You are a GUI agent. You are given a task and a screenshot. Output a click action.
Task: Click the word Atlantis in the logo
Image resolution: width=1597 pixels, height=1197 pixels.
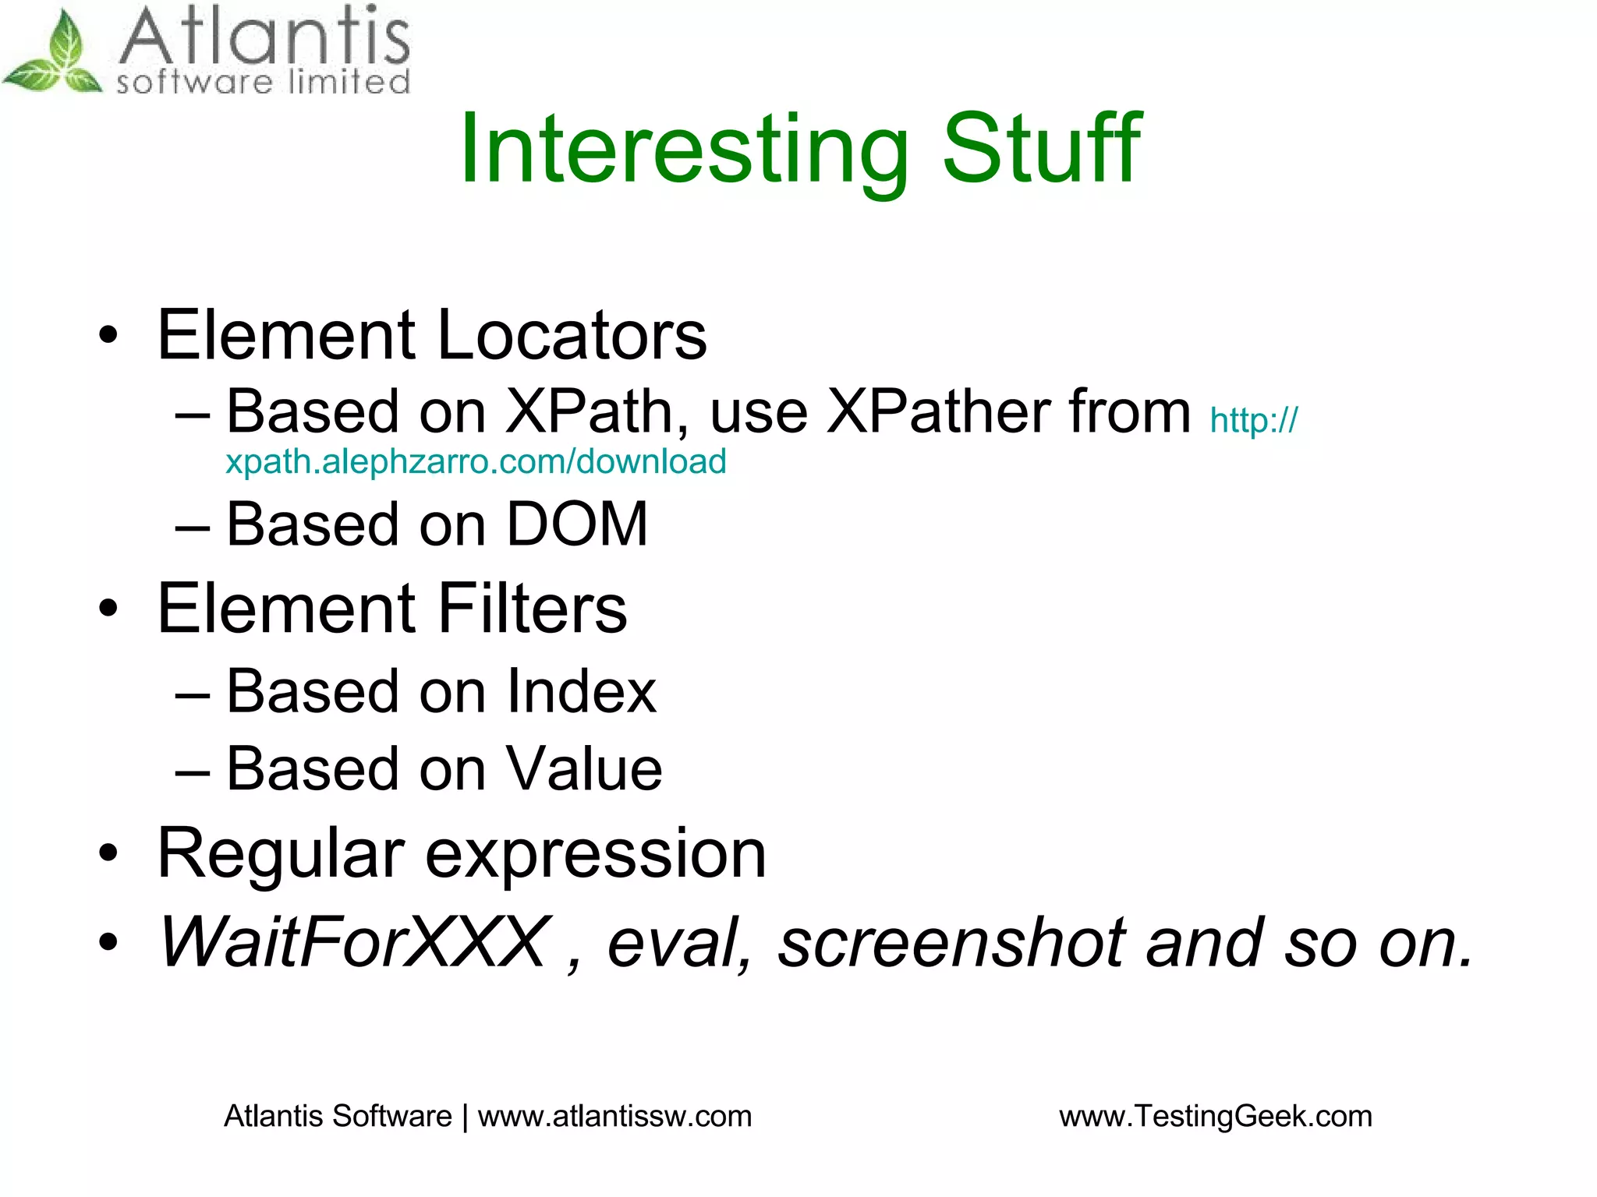(264, 37)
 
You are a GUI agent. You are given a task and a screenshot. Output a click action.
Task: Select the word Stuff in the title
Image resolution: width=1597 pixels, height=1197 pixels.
(1042, 148)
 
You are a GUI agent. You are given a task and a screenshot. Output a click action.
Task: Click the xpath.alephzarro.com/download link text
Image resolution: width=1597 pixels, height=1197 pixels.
(476, 461)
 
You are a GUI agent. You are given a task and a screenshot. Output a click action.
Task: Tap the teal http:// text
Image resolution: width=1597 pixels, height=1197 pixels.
(1254, 421)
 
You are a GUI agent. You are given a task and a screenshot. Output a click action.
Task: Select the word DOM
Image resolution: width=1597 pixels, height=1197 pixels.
(577, 524)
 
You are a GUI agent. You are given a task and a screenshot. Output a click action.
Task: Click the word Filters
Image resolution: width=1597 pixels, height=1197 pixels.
(532, 609)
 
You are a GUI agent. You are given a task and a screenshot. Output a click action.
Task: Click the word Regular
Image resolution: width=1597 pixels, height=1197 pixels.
(281, 854)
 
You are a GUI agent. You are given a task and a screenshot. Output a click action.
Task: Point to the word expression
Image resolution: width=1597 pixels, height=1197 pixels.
(596, 856)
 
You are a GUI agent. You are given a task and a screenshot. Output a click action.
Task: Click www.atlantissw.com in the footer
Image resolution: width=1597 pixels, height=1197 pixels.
(614, 1116)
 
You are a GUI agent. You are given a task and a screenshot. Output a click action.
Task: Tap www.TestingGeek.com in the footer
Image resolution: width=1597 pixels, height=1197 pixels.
(1215, 1116)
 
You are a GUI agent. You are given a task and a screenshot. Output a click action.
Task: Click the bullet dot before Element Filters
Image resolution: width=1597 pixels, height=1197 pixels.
(108, 609)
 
